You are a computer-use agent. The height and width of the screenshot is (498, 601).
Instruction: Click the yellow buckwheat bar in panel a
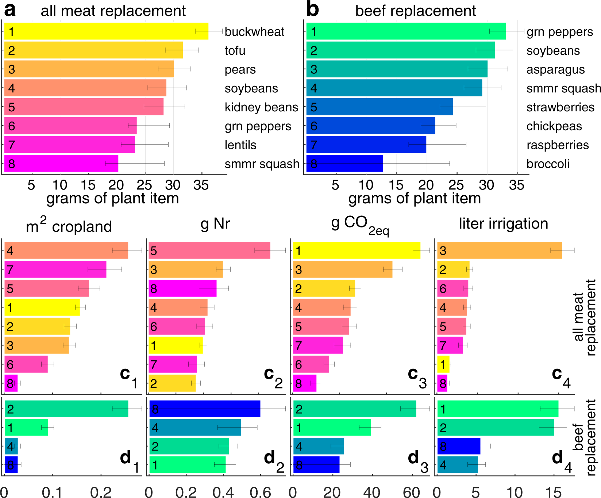[106, 31]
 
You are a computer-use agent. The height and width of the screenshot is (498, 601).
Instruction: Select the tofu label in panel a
[235, 51]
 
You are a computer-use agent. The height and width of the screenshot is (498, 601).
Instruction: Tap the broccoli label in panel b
[548, 164]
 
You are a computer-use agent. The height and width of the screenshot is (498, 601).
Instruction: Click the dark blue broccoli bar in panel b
[344, 163]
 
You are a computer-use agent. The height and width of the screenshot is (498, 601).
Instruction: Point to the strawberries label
[560, 107]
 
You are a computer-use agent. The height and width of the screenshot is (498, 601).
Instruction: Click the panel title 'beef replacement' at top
[415, 11]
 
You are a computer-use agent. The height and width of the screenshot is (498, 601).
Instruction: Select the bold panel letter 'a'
[10, 10]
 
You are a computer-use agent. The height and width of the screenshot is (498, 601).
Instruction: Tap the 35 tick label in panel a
[201, 185]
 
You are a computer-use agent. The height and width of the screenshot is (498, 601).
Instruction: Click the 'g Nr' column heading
[215, 223]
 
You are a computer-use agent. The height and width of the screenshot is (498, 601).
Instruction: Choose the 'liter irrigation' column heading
[504, 223]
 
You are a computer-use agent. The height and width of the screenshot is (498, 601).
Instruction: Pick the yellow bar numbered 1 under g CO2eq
[357, 250]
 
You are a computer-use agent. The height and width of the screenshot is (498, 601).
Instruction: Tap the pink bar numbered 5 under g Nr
[209, 250]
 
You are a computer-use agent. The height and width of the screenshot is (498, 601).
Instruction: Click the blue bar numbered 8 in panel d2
[205, 409]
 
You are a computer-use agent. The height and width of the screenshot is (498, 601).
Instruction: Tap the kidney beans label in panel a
[261, 107]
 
